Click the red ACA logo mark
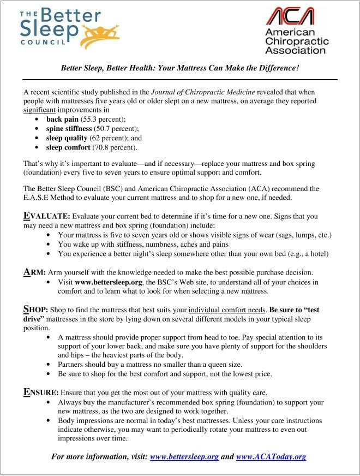290,16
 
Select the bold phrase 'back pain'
62,120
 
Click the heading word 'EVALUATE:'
47,216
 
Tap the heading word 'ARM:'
35,272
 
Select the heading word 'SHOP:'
37,310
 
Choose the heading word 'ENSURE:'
41,392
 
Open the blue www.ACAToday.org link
271,456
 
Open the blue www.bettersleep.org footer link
184,456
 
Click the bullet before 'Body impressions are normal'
50,421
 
